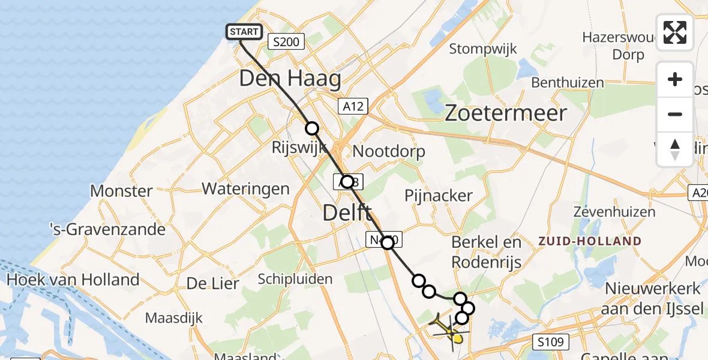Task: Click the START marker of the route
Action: click(x=244, y=32)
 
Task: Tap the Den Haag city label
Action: click(x=290, y=79)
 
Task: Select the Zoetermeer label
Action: click(x=506, y=113)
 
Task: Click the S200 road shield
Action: click(x=287, y=41)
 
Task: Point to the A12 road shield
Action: click(x=353, y=106)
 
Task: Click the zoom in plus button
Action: click(x=675, y=79)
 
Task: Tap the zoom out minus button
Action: click(x=675, y=114)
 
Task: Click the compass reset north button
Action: click(x=675, y=149)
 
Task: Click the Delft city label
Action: click(x=347, y=212)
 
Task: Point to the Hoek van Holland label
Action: click(x=73, y=280)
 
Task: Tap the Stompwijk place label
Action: click(x=482, y=49)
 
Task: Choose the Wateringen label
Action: click(x=245, y=189)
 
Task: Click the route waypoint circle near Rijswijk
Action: click(x=311, y=128)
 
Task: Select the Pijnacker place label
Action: click(x=439, y=196)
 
